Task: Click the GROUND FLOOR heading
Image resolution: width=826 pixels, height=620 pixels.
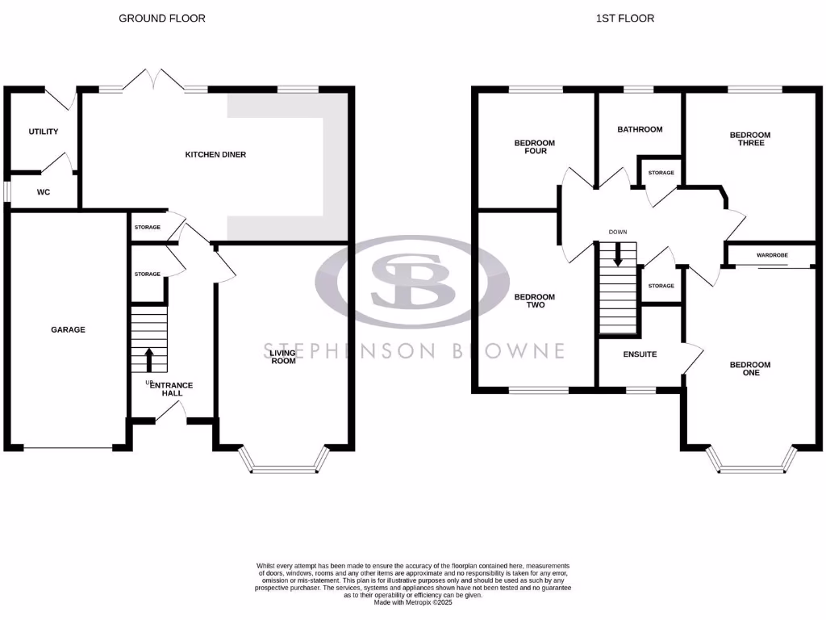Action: click(161, 18)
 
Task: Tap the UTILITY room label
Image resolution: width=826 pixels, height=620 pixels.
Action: click(44, 132)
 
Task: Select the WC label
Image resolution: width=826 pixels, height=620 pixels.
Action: click(44, 192)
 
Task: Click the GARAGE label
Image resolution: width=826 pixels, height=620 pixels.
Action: click(68, 329)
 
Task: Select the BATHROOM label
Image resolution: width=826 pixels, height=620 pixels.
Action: click(640, 129)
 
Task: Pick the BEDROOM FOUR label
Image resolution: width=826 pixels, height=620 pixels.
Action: click(535, 147)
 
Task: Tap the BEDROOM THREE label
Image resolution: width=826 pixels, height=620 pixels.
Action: click(749, 139)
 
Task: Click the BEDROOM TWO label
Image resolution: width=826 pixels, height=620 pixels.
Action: click(535, 301)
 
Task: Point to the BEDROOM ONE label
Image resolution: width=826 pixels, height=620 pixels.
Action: click(749, 369)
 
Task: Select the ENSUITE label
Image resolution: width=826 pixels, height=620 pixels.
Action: click(640, 354)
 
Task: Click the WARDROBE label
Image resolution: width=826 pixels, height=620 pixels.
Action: click(772, 255)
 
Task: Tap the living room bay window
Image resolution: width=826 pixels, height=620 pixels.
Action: click(286, 463)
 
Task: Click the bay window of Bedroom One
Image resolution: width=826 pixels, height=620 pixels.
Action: click(751, 463)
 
